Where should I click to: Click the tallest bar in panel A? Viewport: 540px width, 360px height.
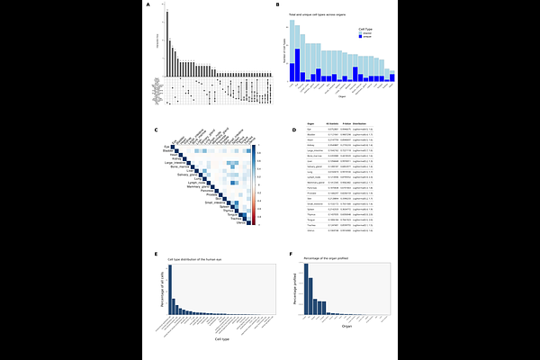(x=166, y=40)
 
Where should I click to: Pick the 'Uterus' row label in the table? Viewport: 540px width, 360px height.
(x=310, y=230)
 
